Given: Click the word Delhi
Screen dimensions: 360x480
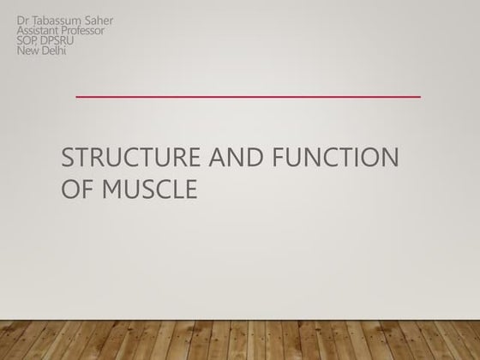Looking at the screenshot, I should pyautogui.click(x=54, y=50).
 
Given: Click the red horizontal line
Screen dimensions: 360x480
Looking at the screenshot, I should pyautogui.click(x=249, y=97).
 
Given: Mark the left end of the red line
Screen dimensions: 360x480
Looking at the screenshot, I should pyautogui.click(x=77, y=97).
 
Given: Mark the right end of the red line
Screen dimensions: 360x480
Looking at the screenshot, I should pyautogui.click(x=420, y=97).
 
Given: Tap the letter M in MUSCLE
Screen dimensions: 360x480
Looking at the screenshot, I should pyautogui.click(x=112, y=188).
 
